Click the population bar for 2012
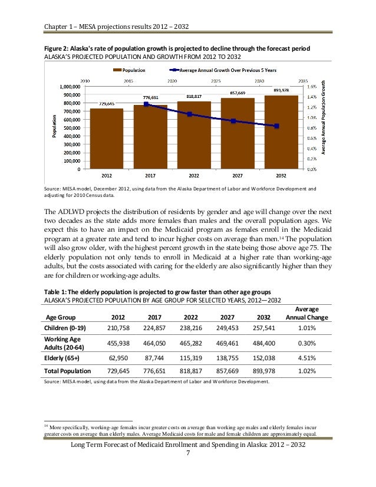click(107, 139)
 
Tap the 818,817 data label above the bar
click(194, 96)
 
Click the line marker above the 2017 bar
click(146, 104)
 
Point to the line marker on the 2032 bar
click(276, 126)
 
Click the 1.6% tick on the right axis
click(311, 85)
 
